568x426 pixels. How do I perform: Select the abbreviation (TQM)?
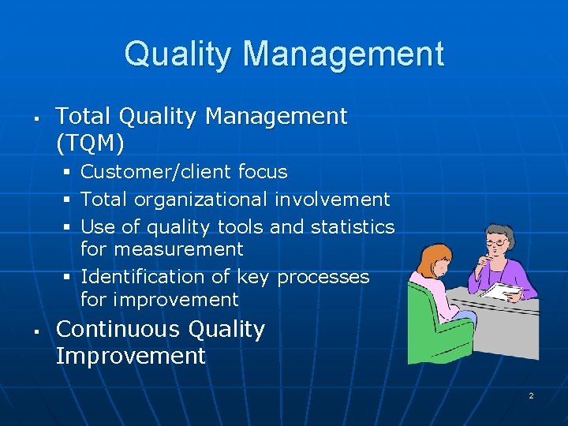coord(90,143)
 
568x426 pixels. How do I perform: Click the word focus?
coord(263,172)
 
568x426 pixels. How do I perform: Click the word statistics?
coord(352,227)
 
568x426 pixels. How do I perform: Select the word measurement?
coord(177,249)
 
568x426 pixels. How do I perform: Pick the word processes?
coord(323,277)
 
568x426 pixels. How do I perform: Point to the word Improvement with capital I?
coord(130,356)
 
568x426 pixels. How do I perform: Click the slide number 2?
coord(531,395)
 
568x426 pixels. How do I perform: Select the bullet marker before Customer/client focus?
coord(69,172)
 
